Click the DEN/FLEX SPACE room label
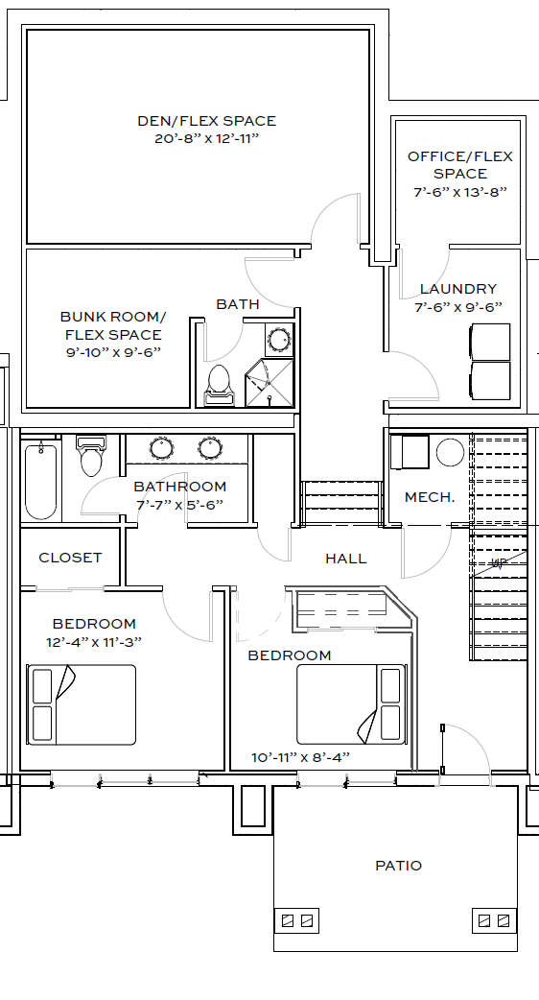coord(206,121)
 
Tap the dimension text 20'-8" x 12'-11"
coord(206,138)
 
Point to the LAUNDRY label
coord(458,289)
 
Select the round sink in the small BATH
coord(279,339)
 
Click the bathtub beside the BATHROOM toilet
coord(41,480)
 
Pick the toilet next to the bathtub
coord(91,455)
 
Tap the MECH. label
coord(430,497)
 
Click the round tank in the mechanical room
coord(451,452)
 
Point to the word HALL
coord(346,559)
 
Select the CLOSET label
coord(70,558)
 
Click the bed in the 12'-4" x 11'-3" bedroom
coord(81,704)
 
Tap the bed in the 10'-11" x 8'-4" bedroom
coord(351,704)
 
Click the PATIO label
coord(398,866)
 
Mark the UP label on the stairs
coord(498,563)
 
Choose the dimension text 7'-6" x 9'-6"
coord(458,307)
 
